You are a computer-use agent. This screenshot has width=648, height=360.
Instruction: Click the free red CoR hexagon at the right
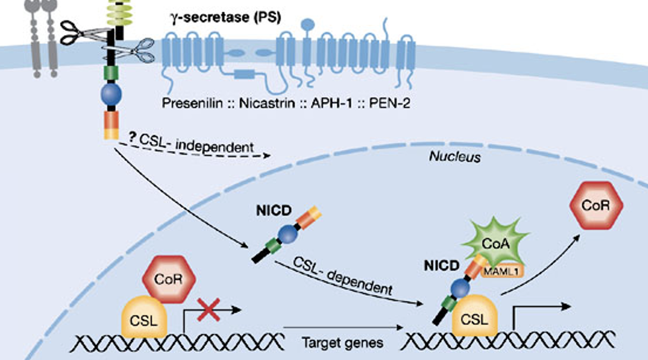coord(596,205)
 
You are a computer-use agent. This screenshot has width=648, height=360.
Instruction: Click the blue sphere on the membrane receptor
coord(111,94)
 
